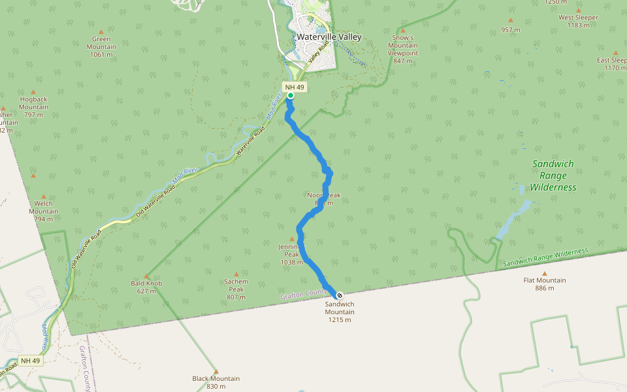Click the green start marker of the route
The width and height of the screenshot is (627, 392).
(x=290, y=95)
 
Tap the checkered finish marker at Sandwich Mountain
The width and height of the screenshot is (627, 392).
(x=340, y=295)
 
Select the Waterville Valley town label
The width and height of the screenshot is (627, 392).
(x=329, y=37)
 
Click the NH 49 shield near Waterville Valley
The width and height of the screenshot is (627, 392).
(x=294, y=87)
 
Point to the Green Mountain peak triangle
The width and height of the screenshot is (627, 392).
(x=101, y=31)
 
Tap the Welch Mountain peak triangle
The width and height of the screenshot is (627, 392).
(x=44, y=196)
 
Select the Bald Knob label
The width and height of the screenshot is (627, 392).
(x=146, y=284)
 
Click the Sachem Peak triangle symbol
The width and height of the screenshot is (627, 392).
(x=236, y=274)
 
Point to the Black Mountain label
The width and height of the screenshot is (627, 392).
(x=216, y=379)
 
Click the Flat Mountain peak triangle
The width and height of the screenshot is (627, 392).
(x=544, y=274)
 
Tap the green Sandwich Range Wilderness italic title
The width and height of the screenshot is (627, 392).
(x=553, y=175)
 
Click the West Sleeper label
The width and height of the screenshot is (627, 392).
(x=578, y=18)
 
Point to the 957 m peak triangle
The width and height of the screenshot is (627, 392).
(x=510, y=22)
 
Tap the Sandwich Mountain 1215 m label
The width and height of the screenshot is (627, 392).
(x=340, y=312)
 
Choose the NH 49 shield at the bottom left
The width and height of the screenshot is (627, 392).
(x=30, y=361)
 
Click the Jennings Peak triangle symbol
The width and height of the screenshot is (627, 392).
(x=292, y=239)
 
